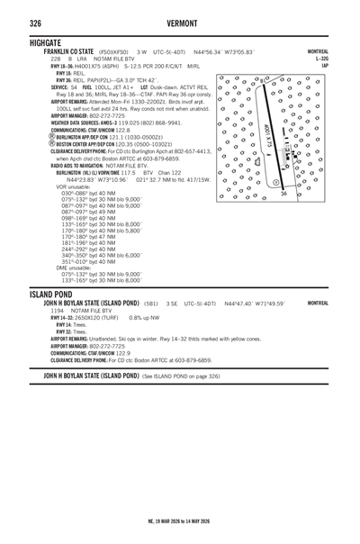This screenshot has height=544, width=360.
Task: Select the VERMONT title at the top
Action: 179,22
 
